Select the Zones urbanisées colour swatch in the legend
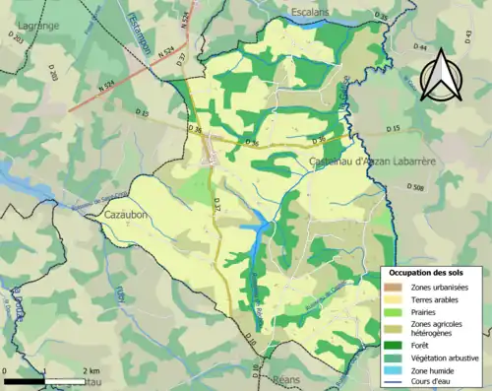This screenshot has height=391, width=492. click(394, 286)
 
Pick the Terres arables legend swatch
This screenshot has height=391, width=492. click(394, 298)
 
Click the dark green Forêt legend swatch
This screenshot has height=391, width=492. click(394, 344)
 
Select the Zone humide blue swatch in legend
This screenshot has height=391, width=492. click(394, 369)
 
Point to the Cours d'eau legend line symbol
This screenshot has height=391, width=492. click(394, 382)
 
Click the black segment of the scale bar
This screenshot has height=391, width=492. click(25, 379)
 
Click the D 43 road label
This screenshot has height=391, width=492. click(467, 36)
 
